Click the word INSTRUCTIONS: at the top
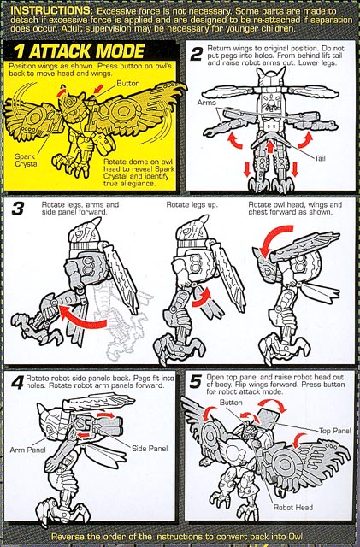52,10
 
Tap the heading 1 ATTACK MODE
80,51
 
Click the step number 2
196,54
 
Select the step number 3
17,209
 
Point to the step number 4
17,384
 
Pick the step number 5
196,382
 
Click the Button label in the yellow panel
127,84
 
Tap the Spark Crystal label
27,161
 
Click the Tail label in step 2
320,158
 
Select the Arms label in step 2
207,103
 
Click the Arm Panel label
27,450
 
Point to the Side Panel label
150,449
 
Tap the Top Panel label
334,431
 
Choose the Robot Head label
293,507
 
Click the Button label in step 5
231,403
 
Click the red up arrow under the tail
270,146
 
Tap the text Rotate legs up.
192,205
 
